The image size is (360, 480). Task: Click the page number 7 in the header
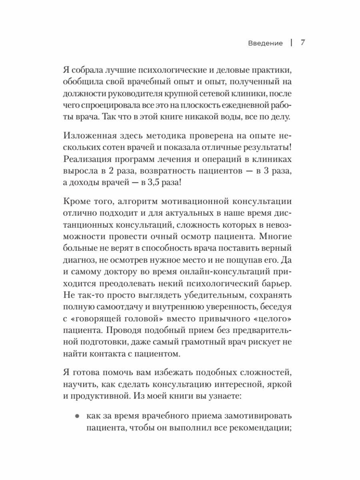click(303, 43)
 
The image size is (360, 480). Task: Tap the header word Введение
click(265, 43)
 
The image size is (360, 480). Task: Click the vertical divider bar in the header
click(291, 43)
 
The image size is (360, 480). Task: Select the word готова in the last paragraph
click(92, 373)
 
